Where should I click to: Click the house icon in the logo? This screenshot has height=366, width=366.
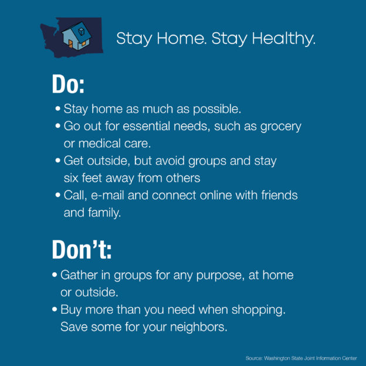click(77, 36)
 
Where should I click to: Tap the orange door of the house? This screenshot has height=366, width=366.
click(70, 43)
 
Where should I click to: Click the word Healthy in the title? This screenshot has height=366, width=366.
click(284, 39)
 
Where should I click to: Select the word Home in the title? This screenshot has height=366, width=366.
click(182, 38)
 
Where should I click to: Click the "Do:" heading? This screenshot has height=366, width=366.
click(68, 84)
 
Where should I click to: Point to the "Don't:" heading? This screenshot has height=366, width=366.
click(82, 249)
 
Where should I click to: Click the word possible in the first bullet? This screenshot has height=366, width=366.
click(217, 109)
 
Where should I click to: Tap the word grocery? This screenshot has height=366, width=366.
click(281, 127)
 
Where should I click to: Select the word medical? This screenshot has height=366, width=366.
click(100, 143)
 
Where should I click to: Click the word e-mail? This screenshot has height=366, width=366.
click(107, 195)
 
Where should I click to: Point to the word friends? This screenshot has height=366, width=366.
click(279, 195)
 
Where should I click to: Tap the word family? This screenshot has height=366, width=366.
click(104, 213)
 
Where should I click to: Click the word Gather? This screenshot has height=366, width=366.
click(79, 275)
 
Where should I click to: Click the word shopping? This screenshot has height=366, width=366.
click(259, 310)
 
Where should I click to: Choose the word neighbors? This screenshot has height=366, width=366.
click(199, 327)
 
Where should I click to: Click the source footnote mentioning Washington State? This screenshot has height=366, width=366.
click(301, 358)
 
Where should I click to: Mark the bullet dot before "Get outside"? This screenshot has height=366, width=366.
click(58, 161)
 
